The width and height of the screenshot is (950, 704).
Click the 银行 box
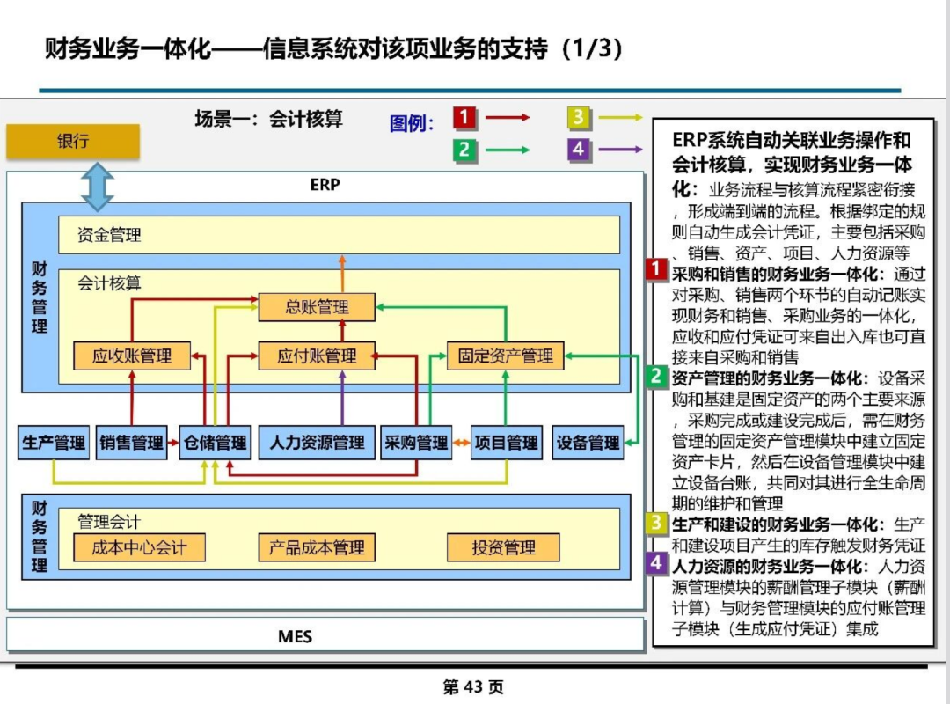click(73, 142)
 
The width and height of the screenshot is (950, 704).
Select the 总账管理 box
click(317, 307)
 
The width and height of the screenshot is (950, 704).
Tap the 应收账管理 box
click(132, 356)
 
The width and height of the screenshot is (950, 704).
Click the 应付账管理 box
click(317, 356)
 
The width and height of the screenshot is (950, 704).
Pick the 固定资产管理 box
click(505, 356)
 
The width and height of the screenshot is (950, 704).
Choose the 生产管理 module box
click(54, 443)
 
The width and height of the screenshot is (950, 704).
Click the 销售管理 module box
click(131, 443)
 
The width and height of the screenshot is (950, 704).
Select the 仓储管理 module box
click(216, 443)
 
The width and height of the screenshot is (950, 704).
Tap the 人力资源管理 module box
click(317, 443)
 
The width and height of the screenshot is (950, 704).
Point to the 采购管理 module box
click(416, 443)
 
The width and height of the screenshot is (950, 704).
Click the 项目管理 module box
click(507, 443)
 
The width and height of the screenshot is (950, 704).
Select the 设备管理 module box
click(588, 443)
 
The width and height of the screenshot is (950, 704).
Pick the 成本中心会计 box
click(139, 548)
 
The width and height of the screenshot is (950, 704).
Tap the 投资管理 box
click(503, 548)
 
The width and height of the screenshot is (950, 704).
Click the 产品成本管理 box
click(317, 548)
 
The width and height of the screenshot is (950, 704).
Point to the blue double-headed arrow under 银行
click(98, 187)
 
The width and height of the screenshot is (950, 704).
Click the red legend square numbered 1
click(464, 117)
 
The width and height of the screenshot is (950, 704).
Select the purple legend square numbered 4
click(579, 150)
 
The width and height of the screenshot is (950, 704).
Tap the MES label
click(295, 636)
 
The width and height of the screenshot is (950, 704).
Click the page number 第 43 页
click(473, 687)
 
